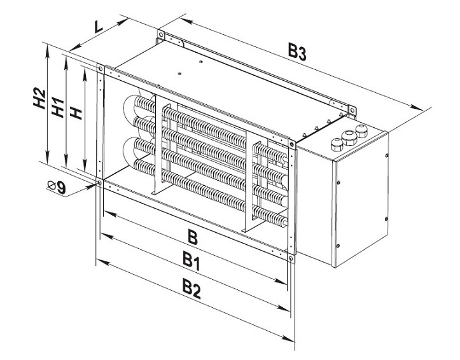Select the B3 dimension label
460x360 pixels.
(x=298, y=53)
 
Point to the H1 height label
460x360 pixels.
(x=58, y=106)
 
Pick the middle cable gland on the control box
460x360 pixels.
(x=347, y=137)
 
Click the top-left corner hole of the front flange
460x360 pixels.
(x=100, y=67)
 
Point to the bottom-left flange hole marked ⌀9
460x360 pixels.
(x=100, y=183)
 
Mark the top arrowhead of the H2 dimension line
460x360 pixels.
(x=46, y=46)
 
